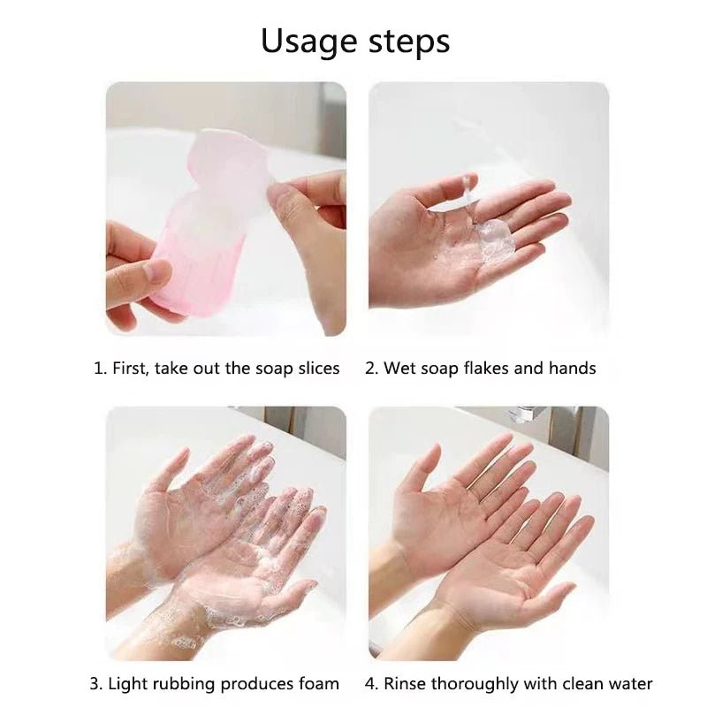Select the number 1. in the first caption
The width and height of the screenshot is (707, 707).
pyautogui.click(x=100, y=369)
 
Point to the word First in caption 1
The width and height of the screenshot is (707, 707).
pyautogui.click(x=131, y=369)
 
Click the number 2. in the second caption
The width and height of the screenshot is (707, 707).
pyautogui.click(x=371, y=369)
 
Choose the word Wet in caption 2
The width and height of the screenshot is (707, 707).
pyautogui.click(x=399, y=369)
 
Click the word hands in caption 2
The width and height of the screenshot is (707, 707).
pyautogui.click(x=573, y=369)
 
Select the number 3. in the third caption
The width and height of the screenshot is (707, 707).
pyautogui.click(x=95, y=684)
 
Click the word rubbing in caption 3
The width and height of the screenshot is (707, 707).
pyautogui.click(x=181, y=684)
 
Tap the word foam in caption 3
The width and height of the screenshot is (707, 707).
pyautogui.click(x=319, y=684)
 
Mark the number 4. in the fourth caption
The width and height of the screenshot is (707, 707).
pyautogui.click(x=372, y=684)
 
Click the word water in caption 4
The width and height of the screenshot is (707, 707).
pyautogui.click(x=630, y=684)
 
